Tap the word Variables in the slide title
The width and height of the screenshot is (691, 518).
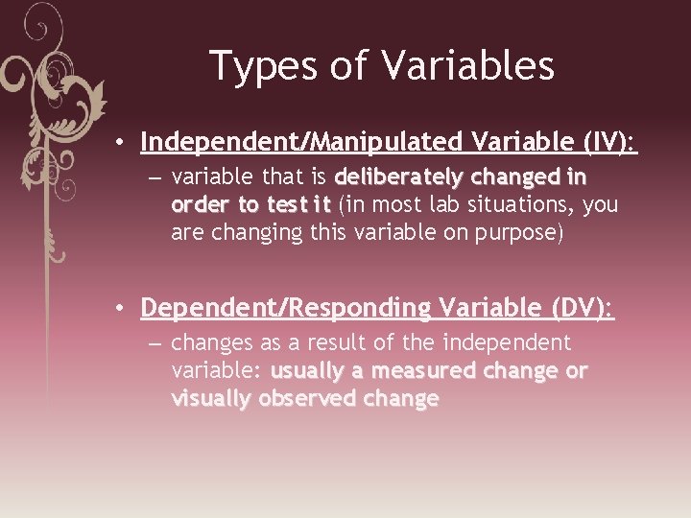coord(467,66)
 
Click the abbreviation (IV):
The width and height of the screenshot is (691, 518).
coord(610,143)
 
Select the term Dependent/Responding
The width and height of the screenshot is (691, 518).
coord(285,308)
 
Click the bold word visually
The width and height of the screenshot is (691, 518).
coord(211,398)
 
